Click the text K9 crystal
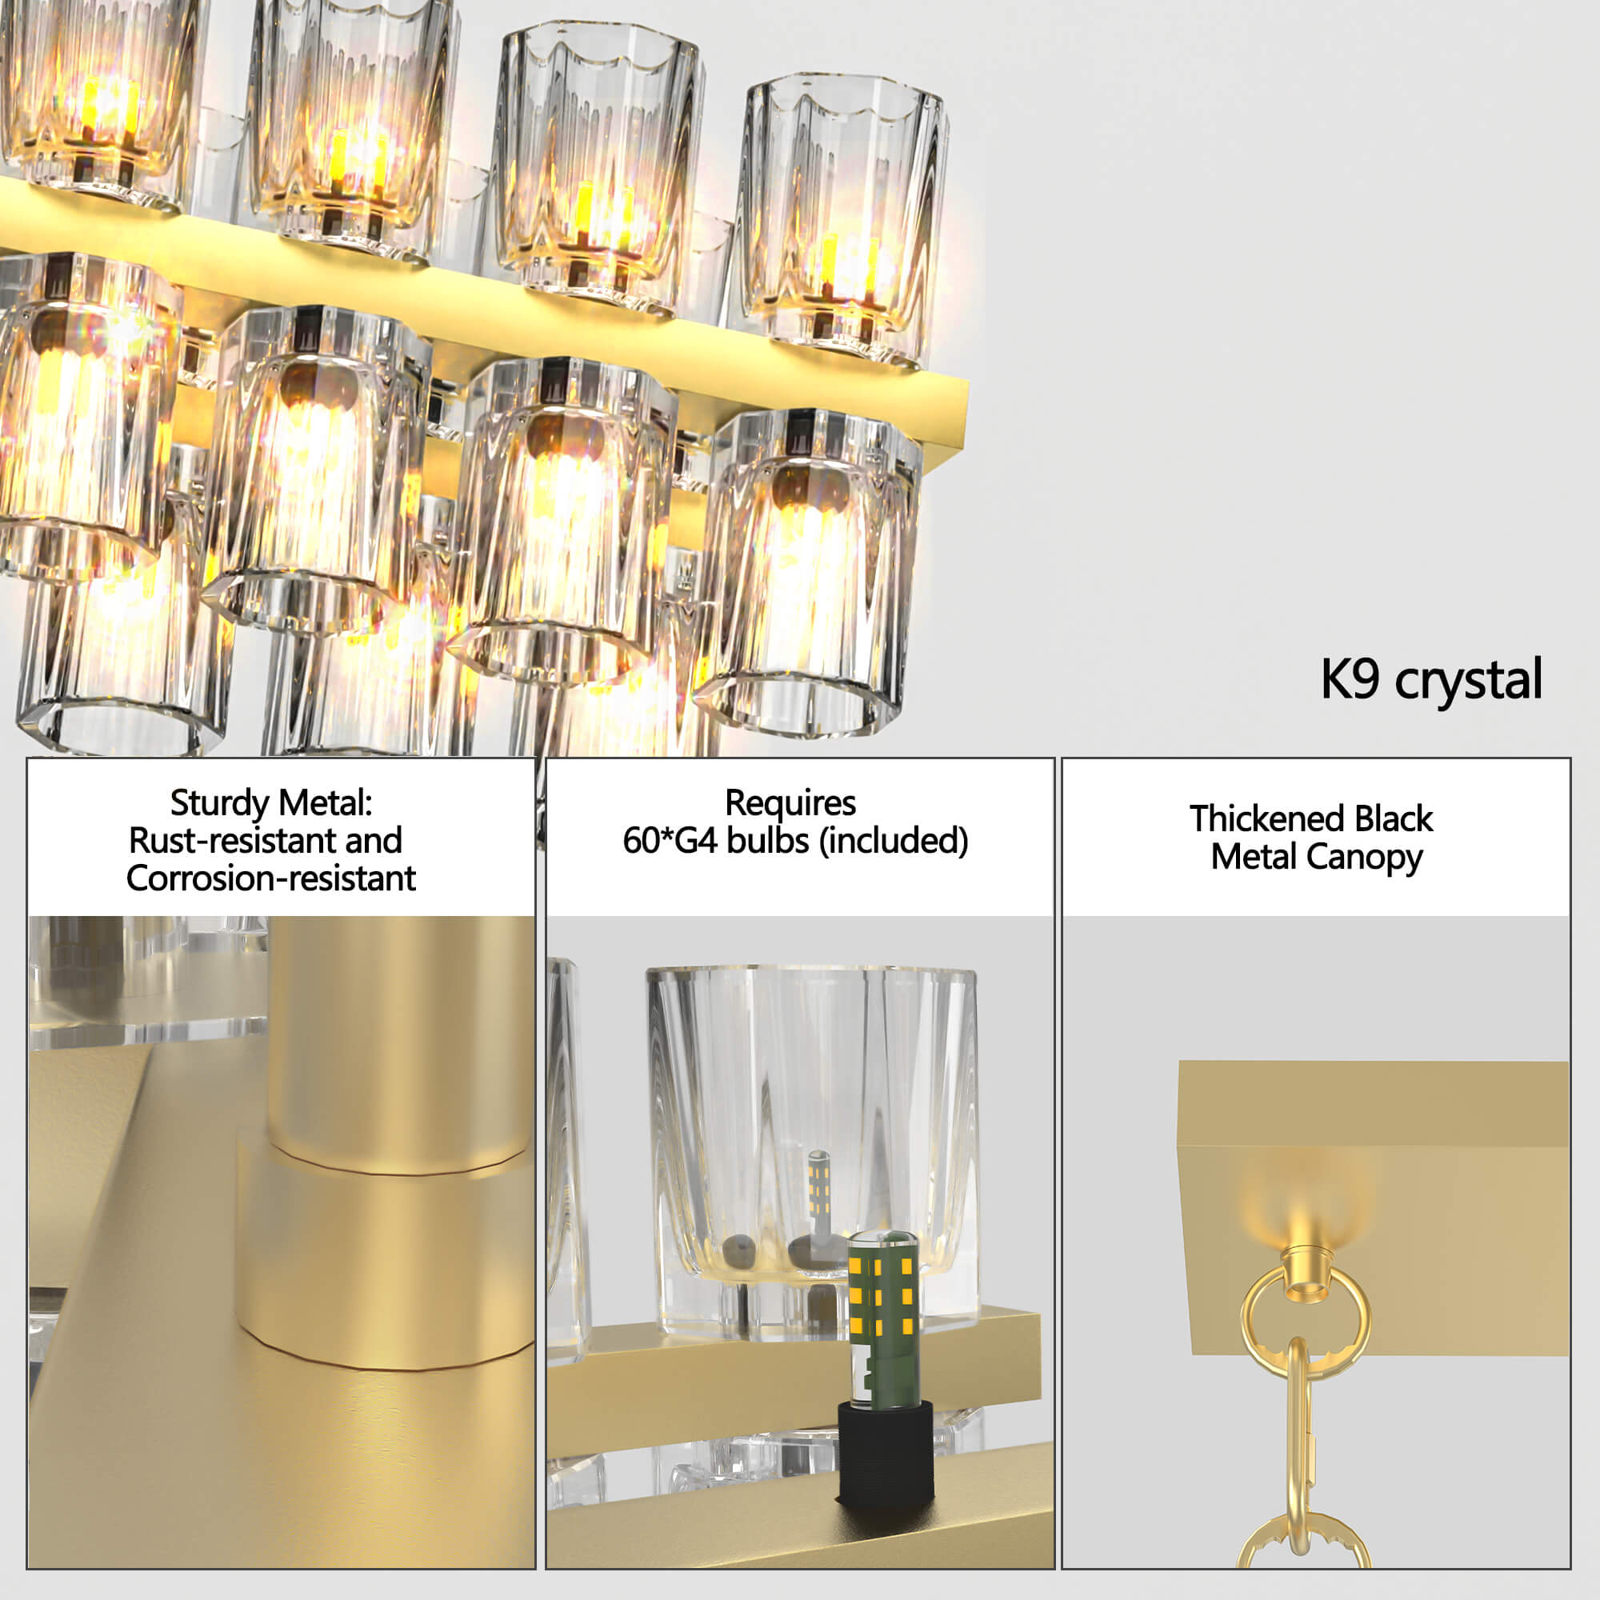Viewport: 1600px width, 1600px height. point(1431,681)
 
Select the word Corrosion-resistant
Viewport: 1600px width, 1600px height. point(271,878)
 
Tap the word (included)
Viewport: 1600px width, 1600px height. point(894,842)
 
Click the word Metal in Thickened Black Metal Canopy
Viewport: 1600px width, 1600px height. point(1254,856)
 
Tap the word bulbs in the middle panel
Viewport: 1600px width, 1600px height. point(768,841)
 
